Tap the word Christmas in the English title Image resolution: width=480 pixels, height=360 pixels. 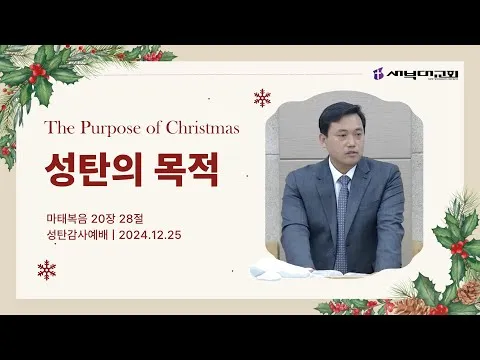(203, 128)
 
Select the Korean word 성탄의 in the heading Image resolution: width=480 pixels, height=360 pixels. (94, 169)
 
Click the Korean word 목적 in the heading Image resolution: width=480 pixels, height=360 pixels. (187, 169)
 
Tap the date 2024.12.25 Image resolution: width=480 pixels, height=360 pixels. (150, 235)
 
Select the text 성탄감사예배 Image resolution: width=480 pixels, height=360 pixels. (77, 235)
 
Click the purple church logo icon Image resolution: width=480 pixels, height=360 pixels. (378, 74)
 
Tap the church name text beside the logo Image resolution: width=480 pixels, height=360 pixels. (422, 74)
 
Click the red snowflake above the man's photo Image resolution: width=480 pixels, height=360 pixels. (262, 98)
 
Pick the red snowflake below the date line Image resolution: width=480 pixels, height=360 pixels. (47, 270)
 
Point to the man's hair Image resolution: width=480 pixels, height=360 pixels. (338, 115)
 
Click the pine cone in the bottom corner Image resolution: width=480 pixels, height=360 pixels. (468, 292)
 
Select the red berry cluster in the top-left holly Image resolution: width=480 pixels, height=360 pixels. (38, 72)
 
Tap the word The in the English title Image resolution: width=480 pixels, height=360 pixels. (60, 128)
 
